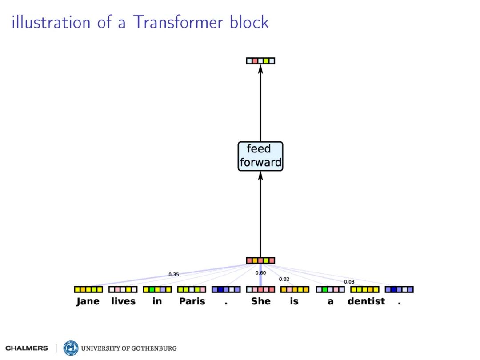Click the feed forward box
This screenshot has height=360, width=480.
click(x=260, y=156)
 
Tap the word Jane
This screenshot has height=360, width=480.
click(x=88, y=301)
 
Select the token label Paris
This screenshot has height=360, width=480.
click(x=192, y=301)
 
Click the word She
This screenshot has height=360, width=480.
click(x=260, y=301)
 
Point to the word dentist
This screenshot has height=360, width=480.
click(x=366, y=301)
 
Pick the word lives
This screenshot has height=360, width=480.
click(x=123, y=301)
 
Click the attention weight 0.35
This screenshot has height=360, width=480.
click(x=173, y=275)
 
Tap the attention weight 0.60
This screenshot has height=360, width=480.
click(x=260, y=273)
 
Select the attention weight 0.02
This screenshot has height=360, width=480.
click(x=284, y=279)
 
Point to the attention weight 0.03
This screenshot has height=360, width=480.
click(x=349, y=282)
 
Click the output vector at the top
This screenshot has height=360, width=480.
click(x=260, y=60)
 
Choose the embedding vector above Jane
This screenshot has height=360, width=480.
click(x=88, y=289)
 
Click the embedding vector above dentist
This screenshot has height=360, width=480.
click(x=364, y=289)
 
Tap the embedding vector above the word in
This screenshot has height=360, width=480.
click(x=157, y=289)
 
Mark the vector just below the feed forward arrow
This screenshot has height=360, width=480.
click(x=260, y=260)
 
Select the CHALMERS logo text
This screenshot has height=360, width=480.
click(x=27, y=348)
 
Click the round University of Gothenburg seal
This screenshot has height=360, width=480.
click(x=71, y=348)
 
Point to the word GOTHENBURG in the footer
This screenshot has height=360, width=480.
click(x=154, y=348)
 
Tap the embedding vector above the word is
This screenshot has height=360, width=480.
click(x=294, y=289)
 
